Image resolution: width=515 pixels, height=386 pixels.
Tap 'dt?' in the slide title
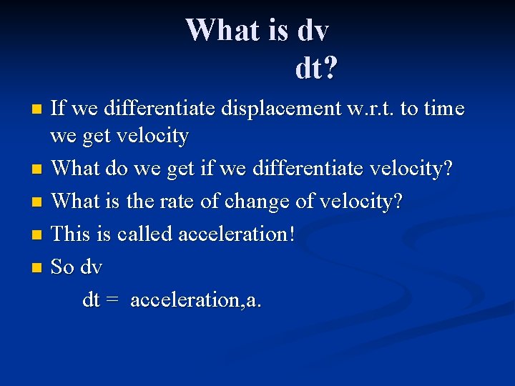point(316,69)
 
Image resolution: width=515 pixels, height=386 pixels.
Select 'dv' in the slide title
point(312,30)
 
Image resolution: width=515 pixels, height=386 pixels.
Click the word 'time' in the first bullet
point(443,109)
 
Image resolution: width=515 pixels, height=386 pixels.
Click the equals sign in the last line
point(111,300)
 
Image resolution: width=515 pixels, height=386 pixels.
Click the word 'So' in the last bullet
point(63,267)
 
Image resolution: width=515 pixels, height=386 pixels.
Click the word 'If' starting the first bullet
point(59,109)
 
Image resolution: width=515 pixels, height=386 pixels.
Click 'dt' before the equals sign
point(91,300)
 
